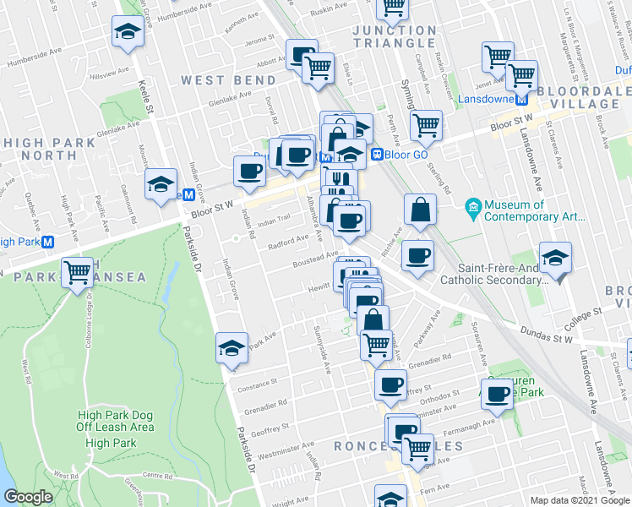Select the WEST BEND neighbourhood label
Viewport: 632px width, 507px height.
[228, 80]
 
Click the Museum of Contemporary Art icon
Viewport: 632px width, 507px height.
[473, 206]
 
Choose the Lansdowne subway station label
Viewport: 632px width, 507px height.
[486, 99]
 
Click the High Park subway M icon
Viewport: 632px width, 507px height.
[48, 242]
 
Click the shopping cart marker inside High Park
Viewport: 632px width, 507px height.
[78, 272]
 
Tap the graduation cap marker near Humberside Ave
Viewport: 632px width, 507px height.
[127, 32]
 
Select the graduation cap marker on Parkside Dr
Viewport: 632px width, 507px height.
[232, 347]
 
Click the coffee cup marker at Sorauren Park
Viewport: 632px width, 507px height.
[499, 393]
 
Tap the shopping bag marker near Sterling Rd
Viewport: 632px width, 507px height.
[420, 208]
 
